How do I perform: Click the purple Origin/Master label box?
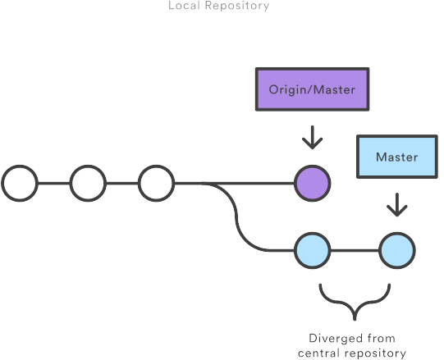click(313, 89)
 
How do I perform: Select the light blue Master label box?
click(397, 157)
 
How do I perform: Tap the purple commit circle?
click(313, 183)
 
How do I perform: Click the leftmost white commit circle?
click(20, 183)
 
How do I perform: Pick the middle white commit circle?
click(88, 183)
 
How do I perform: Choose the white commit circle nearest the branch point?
click(156, 183)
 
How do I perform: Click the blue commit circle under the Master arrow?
click(397, 250)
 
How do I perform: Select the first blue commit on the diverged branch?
click(313, 250)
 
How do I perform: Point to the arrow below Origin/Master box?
click(313, 137)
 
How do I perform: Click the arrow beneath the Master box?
click(397, 205)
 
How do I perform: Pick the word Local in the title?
click(185, 6)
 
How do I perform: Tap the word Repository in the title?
click(237, 6)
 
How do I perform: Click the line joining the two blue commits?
click(355, 250)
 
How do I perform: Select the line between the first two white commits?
click(54, 183)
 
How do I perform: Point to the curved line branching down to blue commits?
click(236, 216)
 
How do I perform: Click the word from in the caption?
click(381, 338)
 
